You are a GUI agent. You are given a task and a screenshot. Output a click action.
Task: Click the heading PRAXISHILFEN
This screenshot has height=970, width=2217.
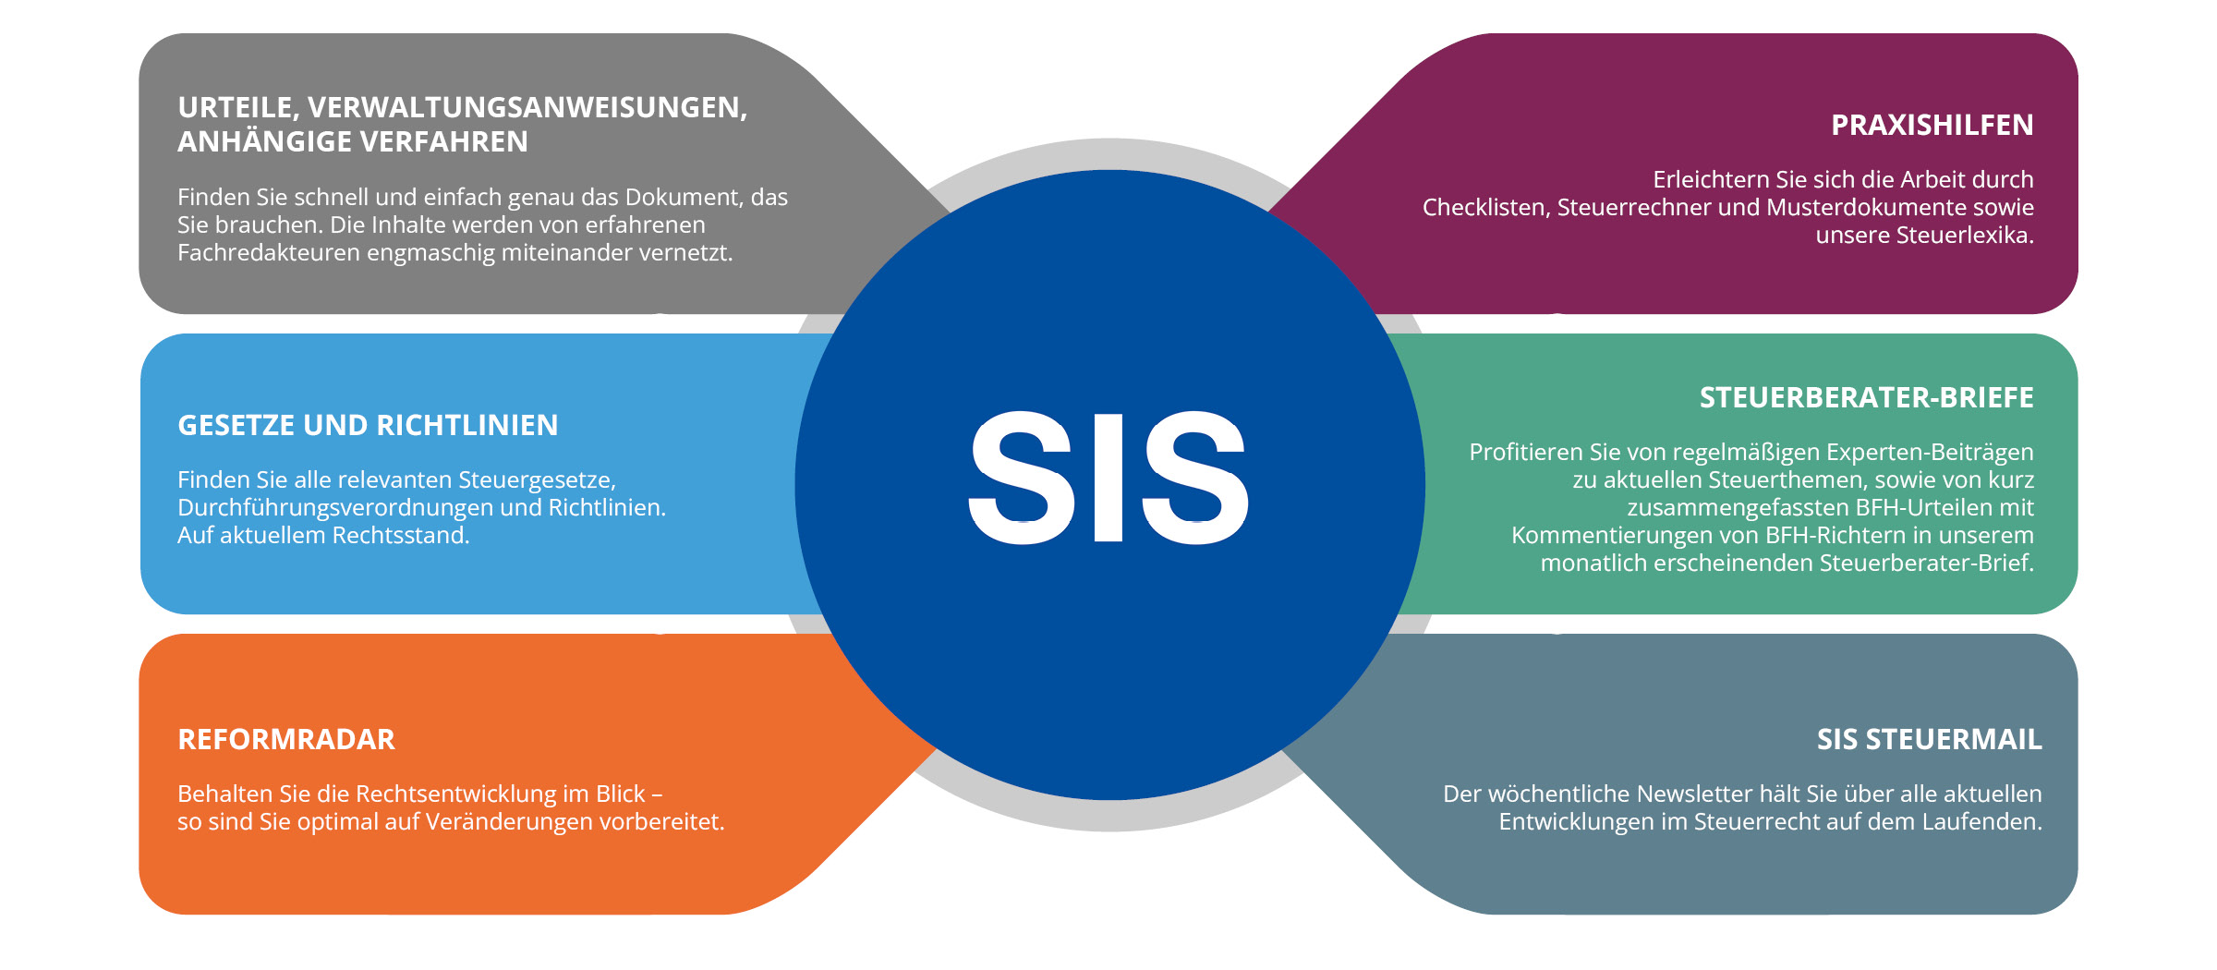[1932, 126]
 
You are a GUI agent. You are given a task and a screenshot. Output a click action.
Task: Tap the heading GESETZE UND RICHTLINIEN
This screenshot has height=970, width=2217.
[368, 426]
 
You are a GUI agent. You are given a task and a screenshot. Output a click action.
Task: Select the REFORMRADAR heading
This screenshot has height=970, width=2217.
[286, 740]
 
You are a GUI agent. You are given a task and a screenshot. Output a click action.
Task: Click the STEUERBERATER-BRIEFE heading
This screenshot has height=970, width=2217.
[1866, 398]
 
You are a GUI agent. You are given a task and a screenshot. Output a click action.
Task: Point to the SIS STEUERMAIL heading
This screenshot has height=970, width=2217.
[1929, 740]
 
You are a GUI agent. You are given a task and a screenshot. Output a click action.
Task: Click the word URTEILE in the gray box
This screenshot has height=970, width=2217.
[235, 108]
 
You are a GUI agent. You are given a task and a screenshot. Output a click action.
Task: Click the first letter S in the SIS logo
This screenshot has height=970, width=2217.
[1021, 478]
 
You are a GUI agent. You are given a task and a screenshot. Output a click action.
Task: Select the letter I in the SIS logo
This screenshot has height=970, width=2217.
[1108, 478]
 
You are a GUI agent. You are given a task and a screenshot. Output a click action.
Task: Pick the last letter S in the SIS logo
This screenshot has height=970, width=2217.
[1195, 478]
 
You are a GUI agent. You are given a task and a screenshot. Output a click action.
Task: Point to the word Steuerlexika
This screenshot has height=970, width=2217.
[1964, 236]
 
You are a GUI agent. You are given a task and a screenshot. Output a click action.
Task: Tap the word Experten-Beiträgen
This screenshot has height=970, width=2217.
[1930, 453]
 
